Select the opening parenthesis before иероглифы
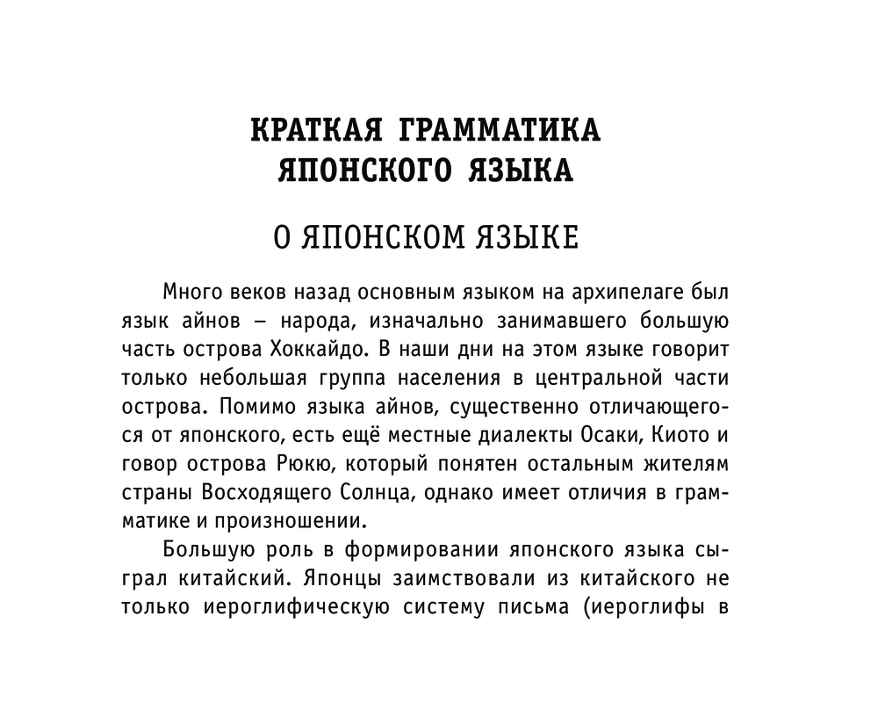tap(587, 607)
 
